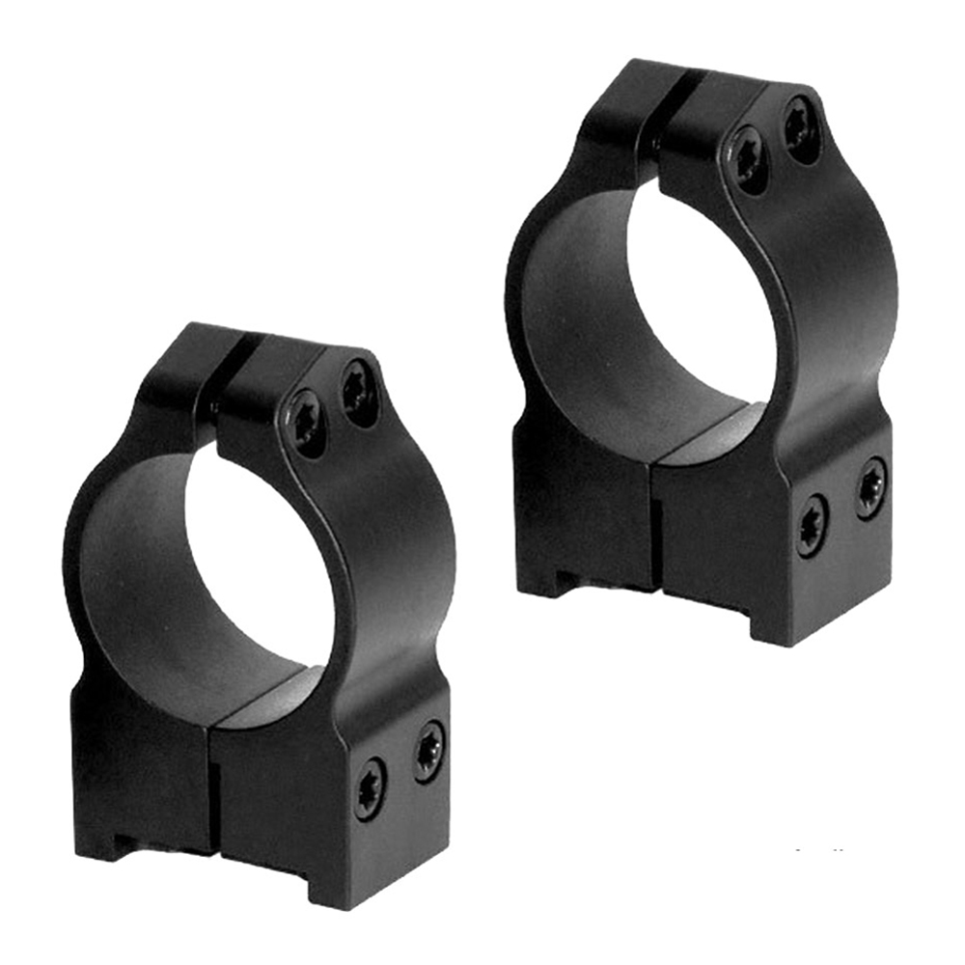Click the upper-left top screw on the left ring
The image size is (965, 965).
(x=309, y=422)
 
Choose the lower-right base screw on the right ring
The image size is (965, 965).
(x=871, y=487)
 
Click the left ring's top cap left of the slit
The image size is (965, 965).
(x=183, y=367)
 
